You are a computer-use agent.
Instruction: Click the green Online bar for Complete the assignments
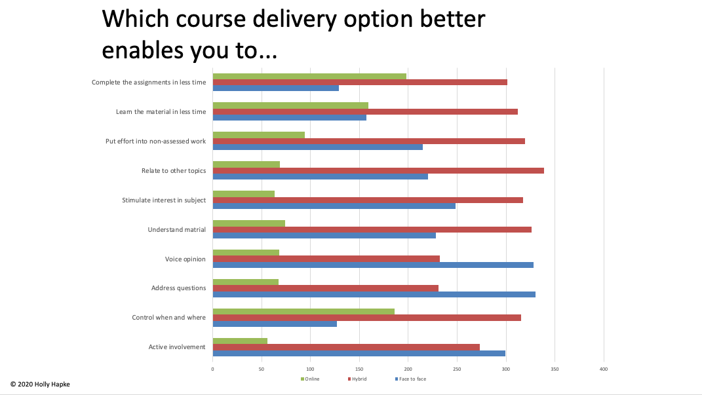(309, 76)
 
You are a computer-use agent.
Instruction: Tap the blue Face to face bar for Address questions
(374, 295)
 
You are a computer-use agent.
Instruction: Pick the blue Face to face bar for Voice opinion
(373, 265)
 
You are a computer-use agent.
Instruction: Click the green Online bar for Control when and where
(303, 311)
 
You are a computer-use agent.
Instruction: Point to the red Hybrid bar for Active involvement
(346, 347)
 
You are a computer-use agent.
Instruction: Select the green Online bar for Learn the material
(290, 105)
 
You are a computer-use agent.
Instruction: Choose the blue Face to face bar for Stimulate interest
(334, 206)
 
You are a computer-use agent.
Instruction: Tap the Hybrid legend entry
(357, 379)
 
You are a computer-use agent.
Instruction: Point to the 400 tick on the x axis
(604, 369)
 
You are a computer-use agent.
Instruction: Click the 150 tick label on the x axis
(359, 369)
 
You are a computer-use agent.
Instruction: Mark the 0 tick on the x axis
(212, 369)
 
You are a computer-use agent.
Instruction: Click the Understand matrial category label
(176, 230)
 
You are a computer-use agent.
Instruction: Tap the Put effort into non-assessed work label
(156, 141)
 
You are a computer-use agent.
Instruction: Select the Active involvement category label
(177, 347)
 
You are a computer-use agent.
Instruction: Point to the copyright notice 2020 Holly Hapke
(40, 384)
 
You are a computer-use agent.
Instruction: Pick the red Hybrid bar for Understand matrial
(372, 230)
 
